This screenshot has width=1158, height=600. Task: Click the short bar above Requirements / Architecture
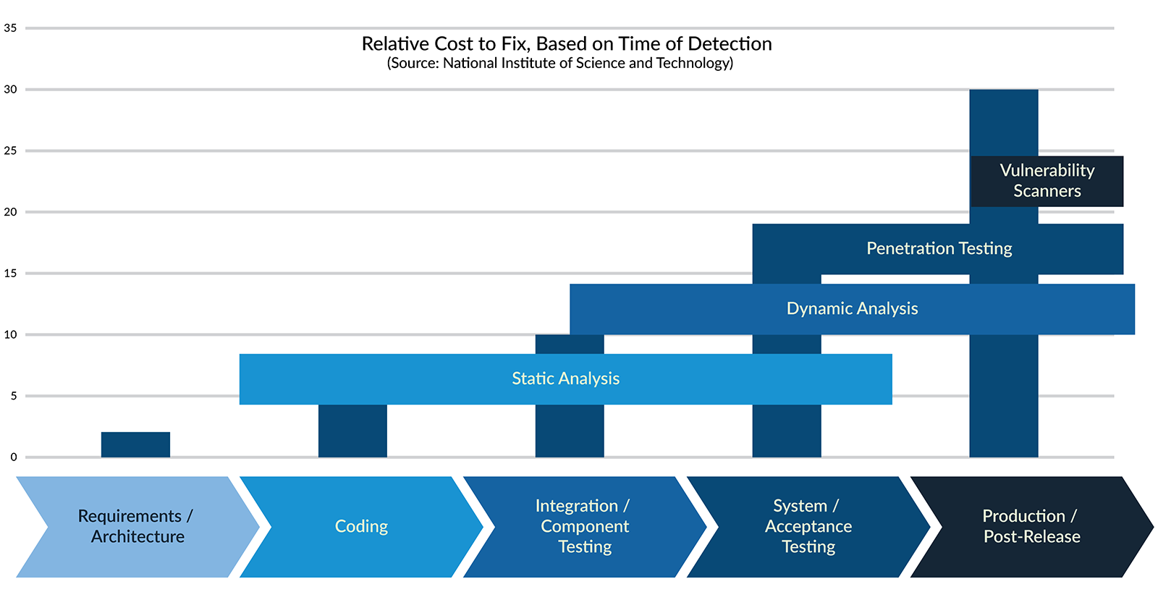135,444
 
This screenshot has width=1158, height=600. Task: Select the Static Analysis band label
565,379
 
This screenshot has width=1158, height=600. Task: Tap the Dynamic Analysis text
852,309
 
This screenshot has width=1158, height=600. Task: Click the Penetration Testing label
939,249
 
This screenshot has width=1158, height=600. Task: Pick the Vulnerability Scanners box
1047,181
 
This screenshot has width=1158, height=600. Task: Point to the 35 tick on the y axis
10,28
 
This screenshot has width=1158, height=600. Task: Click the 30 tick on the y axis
10,90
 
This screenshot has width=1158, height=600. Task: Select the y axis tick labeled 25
10,151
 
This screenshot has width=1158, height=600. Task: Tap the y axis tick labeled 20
10,212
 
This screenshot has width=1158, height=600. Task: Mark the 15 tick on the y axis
10,274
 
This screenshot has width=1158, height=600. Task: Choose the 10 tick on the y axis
10,334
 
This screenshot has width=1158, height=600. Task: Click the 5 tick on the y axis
13,396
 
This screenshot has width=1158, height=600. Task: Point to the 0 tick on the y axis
13,457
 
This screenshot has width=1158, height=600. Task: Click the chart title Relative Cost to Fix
566,44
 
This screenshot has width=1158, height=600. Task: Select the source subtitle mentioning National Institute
559,63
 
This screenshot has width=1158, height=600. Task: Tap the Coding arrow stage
361,527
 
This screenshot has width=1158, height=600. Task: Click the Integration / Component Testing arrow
584,527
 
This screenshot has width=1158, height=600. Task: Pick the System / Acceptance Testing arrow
808,527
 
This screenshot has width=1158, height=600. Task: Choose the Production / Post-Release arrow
1031,527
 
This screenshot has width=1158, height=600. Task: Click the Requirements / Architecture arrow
137,527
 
